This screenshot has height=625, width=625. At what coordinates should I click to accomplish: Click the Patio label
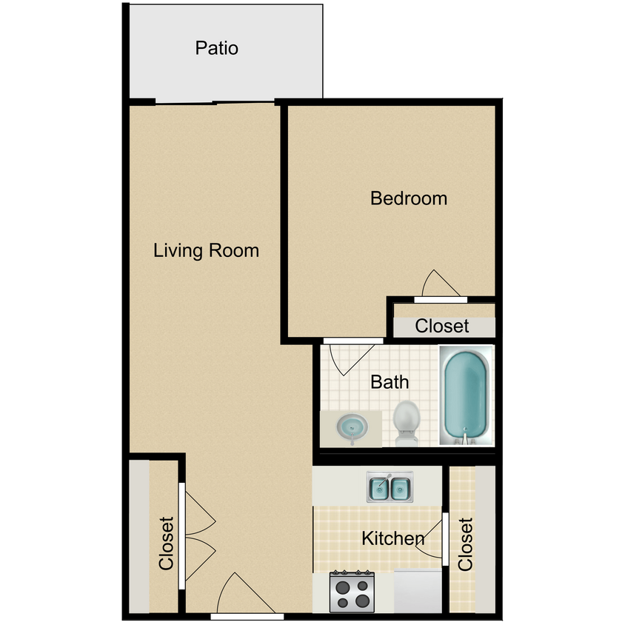click(217, 49)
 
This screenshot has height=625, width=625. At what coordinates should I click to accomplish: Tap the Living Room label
click(206, 250)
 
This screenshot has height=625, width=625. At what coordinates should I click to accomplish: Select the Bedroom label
click(409, 198)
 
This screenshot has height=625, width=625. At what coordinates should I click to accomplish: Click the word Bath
click(390, 382)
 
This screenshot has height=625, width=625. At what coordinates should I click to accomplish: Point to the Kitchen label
click(392, 538)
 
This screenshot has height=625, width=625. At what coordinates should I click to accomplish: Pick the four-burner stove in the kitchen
click(353, 592)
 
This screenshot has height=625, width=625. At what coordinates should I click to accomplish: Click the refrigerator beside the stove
click(417, 592)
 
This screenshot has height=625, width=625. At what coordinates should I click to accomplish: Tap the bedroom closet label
click(442, 326)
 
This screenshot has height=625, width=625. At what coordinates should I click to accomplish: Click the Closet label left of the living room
click(166, 544)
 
